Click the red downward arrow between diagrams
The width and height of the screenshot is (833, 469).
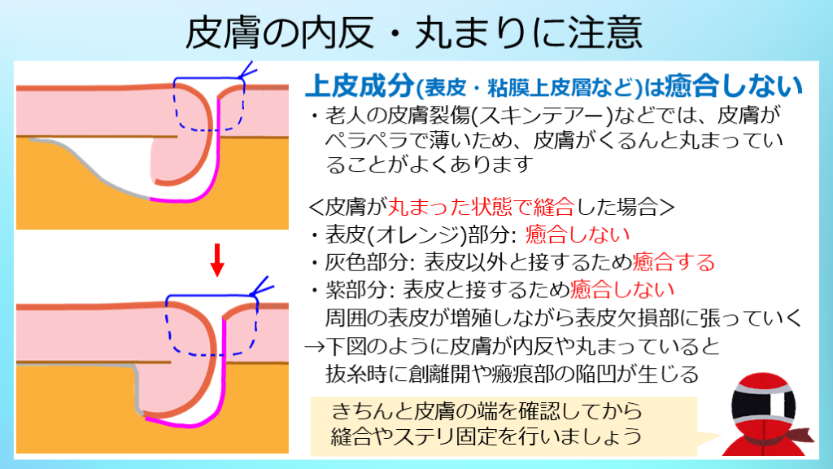point(216,260)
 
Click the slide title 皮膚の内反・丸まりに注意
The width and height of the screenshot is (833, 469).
point(414,32)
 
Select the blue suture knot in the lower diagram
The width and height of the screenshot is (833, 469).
point(261,289)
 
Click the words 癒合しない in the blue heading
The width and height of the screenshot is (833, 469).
point(733,85)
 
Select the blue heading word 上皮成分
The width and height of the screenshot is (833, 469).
point(360,85)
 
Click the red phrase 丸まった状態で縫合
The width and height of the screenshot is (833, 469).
point(482,206)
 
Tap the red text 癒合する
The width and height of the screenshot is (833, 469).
point(674,261)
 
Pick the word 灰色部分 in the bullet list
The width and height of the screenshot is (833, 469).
point(367,261)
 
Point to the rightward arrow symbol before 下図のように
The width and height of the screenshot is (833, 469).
point(315,347)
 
